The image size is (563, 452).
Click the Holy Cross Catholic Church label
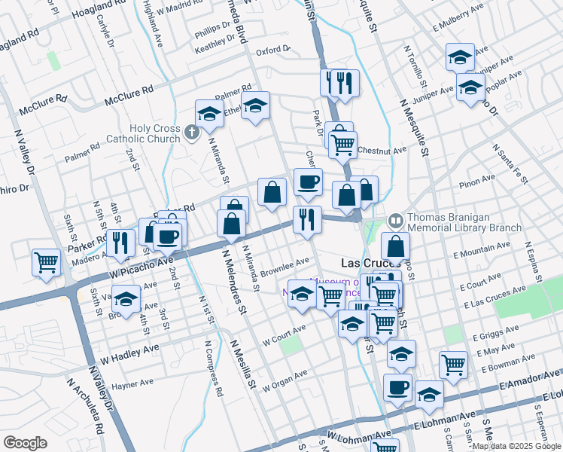click(154, 133)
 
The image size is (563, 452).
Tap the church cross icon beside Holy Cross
click(192, 133)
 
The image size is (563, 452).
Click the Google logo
click(25, 443)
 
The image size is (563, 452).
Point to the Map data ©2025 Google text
click(516, 446)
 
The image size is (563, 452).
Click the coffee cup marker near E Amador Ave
click(397, 387)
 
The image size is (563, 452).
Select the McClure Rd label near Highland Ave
click(129, 93)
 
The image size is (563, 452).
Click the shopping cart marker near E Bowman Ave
click(453, 365)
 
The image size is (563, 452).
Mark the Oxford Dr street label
click(272, 51)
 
